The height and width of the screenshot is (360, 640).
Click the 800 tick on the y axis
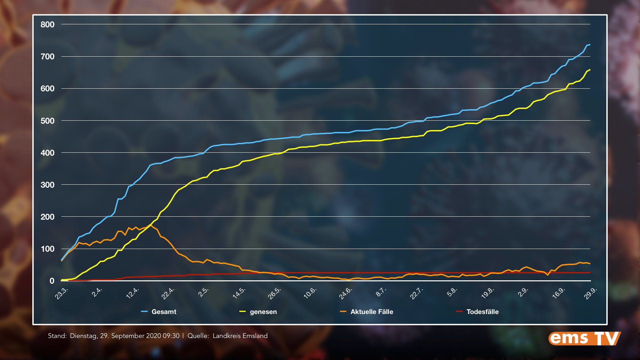47,25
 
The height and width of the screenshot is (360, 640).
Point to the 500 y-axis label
47,121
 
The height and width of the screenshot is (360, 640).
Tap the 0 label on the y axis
52,281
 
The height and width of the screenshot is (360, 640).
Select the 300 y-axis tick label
47,185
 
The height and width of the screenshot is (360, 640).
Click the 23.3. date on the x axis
62,293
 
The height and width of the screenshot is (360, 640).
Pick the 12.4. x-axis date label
133,293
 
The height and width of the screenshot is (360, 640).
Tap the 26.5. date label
275,293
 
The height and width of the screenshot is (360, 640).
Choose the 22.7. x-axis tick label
417,293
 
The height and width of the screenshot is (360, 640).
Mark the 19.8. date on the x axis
488,293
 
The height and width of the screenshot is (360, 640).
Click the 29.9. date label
591,293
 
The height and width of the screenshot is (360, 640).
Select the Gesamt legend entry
164,312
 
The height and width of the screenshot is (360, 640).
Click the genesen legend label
263,312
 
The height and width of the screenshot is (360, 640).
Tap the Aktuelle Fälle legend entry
372,312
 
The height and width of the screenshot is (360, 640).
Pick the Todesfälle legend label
482,312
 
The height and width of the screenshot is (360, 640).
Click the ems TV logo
584,339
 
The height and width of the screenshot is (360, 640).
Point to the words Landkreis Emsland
240,336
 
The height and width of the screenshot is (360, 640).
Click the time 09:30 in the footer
171,336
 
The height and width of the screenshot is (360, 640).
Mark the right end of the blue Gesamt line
590,44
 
